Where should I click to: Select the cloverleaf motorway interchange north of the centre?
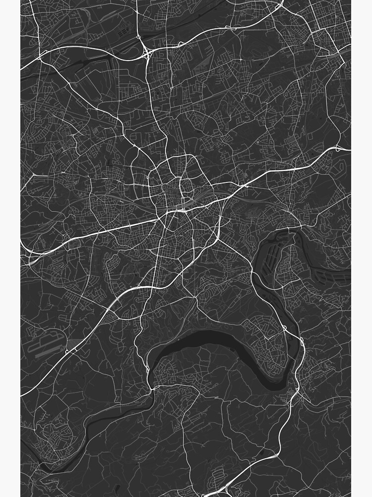pos(147,53)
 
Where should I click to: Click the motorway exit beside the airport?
pos(71,350)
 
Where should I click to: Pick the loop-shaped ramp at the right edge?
pos(339,148)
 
